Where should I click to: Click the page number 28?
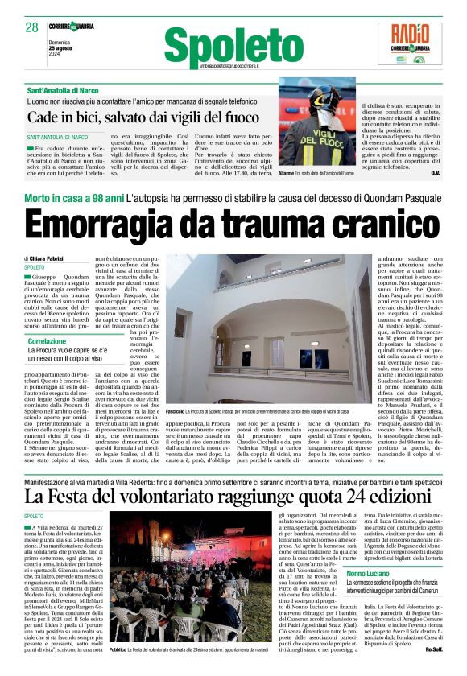click(x=31, y=27)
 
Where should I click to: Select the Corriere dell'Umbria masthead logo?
click(x=71, y=27)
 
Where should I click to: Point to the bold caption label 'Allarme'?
click(x=309, y=173)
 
